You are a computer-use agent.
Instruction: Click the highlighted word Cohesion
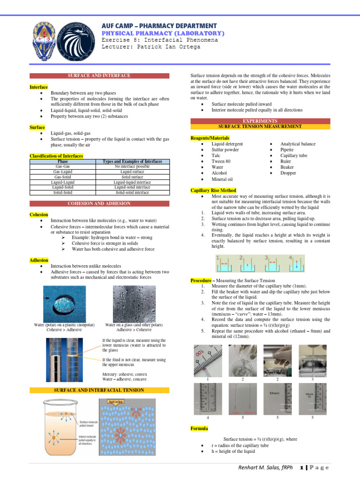[x=39, y=215]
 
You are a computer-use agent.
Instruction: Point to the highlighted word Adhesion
[x=39, y=260]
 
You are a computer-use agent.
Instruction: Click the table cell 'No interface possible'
[x=132, y=166]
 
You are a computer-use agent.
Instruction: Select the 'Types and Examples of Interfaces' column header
[x=132, y=161]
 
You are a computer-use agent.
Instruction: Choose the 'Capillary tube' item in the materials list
[x=293, y=155]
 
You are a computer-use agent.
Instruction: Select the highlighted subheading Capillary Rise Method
[x=213, y=190]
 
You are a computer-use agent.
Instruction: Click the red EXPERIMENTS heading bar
[x=260, y=121]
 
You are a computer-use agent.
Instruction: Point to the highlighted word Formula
[x=199, y=428]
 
